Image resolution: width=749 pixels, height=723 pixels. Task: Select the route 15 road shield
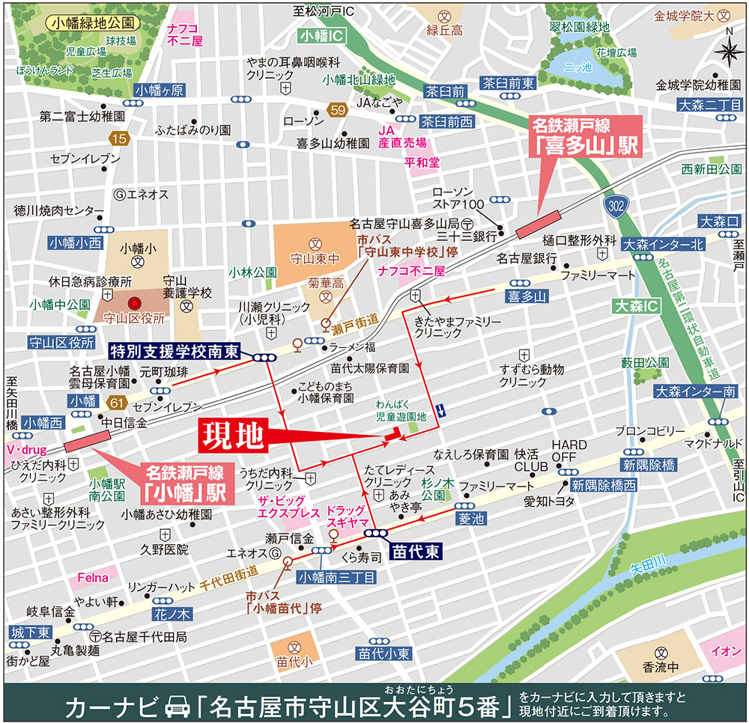pos(118,138)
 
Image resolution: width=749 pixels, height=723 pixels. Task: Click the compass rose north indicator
pos(727,50)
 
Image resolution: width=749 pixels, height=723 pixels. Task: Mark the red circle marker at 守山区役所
pos(135,303)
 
